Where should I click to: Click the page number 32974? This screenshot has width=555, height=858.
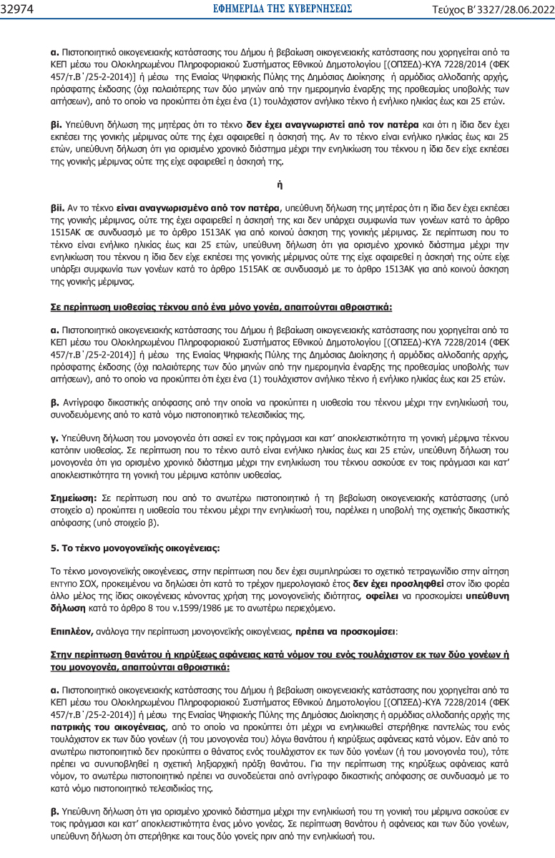[19, 8]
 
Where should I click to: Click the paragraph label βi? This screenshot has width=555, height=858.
[57, 123]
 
